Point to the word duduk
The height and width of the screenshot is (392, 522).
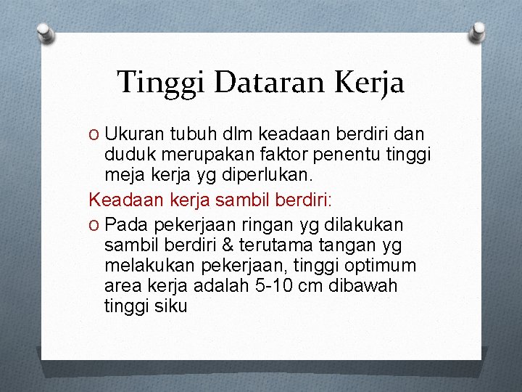pyautogui.click(x=129, y=155)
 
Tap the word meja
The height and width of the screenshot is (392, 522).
pyautogui.click(x=124, y=174)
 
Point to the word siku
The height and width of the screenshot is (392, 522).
pyautogui.click(x=171, y=306)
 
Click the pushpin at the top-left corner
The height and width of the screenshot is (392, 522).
pyautogui.click(x=46, y=32)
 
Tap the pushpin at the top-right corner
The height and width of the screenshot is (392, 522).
pyautogui.click(x=478, y=32)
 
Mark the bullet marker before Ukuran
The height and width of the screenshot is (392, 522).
pyautogui.click(x=94, y=135)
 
